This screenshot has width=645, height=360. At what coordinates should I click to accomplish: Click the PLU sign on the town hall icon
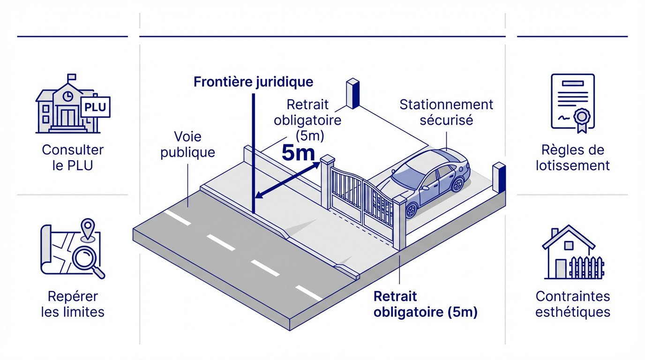[96, 107]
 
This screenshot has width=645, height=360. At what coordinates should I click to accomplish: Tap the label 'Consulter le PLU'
[73, 157]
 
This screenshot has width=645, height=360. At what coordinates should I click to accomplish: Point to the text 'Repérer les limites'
[73, 304]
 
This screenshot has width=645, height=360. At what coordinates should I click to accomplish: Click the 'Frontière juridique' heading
[253, 82]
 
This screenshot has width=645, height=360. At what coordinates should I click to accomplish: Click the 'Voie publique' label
[187, 144]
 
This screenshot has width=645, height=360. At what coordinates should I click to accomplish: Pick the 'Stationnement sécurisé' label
[446, 112]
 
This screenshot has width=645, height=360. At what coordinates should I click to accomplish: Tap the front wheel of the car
[411, 210]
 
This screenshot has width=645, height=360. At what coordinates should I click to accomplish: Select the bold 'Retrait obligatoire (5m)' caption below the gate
[425, 304]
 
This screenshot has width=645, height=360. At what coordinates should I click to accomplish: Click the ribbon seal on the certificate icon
[582, 117]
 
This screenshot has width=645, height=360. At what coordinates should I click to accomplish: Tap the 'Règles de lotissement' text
[573, 157]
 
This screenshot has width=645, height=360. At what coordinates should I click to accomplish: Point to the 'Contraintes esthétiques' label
[573, 304]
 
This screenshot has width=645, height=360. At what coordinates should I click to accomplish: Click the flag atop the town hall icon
[71, 77]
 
